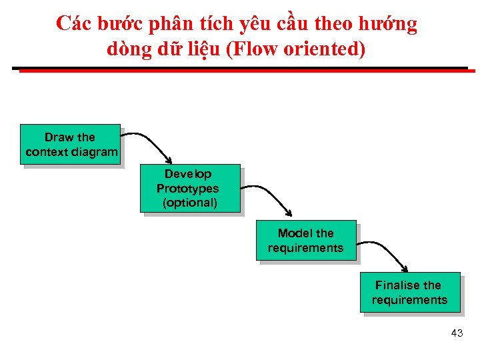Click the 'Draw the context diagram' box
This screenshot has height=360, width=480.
click(70, 144)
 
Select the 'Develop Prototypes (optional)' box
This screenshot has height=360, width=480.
click(189, 188)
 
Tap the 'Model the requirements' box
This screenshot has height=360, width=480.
click(306, 240)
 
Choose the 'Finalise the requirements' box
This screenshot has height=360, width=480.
click(409, 292)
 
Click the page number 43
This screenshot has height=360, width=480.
click(457, 333)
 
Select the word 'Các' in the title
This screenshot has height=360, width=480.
click(73, 24)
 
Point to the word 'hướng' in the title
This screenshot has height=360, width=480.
click(389, 24)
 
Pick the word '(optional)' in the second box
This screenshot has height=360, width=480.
click(189, 203)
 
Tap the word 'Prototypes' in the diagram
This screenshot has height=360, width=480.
click(187, 189)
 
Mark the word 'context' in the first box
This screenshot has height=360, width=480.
click(47, 152)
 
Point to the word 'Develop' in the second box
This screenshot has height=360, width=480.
click(188, 174)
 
